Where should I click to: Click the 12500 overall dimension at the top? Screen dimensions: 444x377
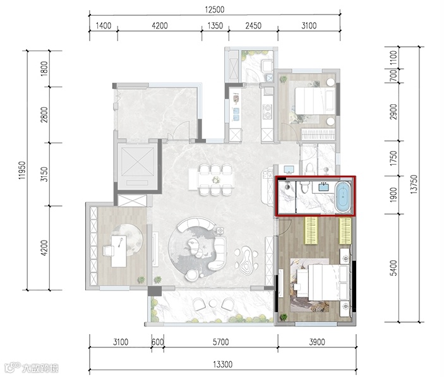[214, 9]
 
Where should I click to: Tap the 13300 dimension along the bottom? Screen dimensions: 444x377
[222, 364]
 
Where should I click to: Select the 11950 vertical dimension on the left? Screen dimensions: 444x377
[22, 171]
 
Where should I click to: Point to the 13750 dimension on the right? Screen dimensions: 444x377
[414, 184]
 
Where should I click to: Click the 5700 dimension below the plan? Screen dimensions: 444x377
[220, 342]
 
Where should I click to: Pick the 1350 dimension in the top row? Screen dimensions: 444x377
[215, 26]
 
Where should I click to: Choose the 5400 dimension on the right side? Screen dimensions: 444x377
[393, 268]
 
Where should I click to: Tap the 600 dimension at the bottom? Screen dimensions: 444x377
[157, 342]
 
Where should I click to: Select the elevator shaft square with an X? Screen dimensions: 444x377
[137, 162]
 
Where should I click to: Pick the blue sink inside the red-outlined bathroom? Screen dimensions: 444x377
[323, 188]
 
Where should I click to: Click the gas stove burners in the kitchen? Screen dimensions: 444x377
[267, 111]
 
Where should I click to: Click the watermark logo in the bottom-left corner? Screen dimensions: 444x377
[32, 368]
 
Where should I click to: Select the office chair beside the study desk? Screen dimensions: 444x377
[108, 251]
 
